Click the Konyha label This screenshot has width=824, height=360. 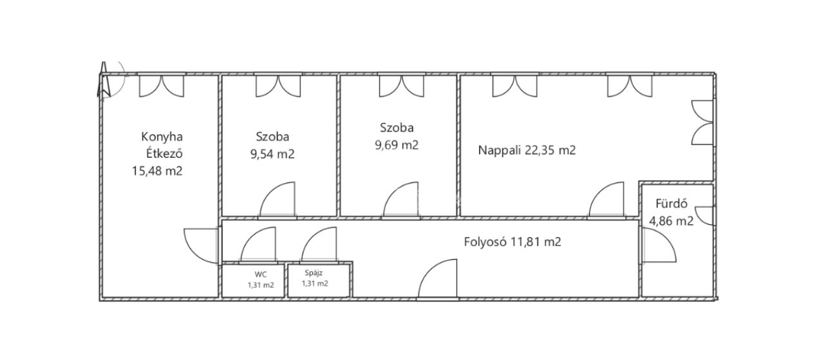pyautogui.click(x=162, y=137)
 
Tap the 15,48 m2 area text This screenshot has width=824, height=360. pyautogui.click(x=157, y=171)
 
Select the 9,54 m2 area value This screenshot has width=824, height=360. pyautogui.click(x=272, y=154)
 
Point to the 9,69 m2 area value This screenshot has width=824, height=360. pyautogui.click(x=397, y=145)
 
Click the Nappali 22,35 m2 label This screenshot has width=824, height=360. pyautogui.click(x=527, y=150)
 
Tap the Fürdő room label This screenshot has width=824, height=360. pyautogui.click(x=671, y=204)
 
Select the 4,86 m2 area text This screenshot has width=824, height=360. pyautogui.click(x=671, y=222)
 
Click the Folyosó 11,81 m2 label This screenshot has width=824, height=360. pyautogui.click(x=512, y=242)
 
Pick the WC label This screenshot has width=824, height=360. pyautogui.click(x=261, y=274)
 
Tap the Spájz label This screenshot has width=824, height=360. pyautogui.click(x=314, y=273)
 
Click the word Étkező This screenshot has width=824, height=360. pyautogui.click(x=164, y=153)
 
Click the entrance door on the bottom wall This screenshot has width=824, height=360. pyautogui.click(x=437, y=279)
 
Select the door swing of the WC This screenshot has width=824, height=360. pyautogui.click(x=258, y=245)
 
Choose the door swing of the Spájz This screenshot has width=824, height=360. pyautogui.click(x=319, y=245)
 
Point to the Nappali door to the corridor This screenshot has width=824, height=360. pyautogui.click(x=606, y=199)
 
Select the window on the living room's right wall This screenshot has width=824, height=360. pyautogui.click(x=702, y=122)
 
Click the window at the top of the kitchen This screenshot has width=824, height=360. pyautogui.click(x=161, y=86)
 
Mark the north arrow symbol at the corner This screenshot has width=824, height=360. pyautogui.click(x=104, y=80)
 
